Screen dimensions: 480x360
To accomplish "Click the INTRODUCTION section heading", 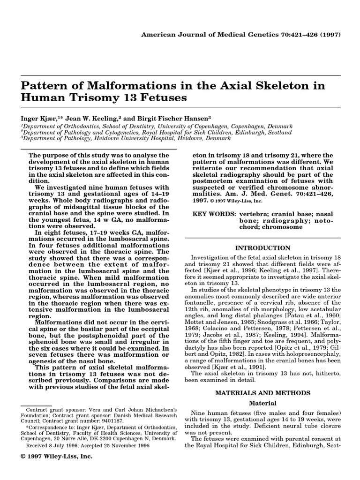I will (x=262, y=248).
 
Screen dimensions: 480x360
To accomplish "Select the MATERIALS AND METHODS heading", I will (x=262, y=393).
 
